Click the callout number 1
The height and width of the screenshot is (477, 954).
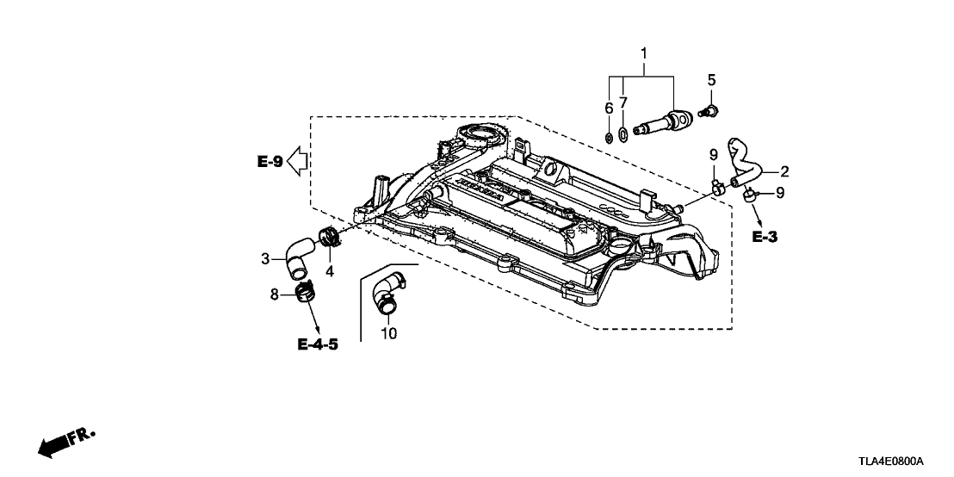click(x=643, y=54)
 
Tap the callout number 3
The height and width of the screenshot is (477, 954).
click(x=266, y=257)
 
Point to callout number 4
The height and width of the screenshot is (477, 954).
click(x=330, y=272)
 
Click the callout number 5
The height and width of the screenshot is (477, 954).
click(x=711, y=80)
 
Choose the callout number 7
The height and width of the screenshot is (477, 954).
click(x=623, y=102)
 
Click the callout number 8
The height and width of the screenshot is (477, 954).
click(x=275, y=294)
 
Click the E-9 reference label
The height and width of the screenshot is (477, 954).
click(x=269, y=161)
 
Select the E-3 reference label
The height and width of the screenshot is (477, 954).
click(x=764, y=237)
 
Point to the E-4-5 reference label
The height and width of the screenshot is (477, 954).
click(x=318, y=344)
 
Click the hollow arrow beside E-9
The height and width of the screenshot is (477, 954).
click(x=298, y=160)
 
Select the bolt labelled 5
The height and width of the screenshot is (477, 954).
click(x=711, y=110)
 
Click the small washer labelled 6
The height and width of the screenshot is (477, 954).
click(x=608, y=135)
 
